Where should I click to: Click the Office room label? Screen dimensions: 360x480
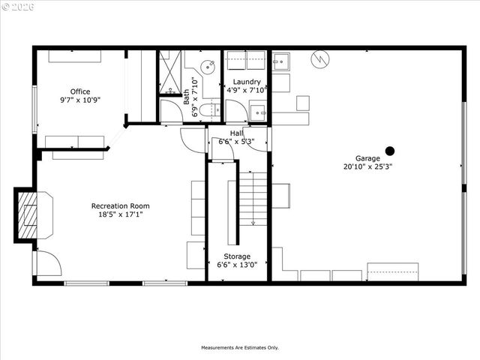(80, 91)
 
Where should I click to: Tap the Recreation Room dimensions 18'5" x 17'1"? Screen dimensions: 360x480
(120, 214)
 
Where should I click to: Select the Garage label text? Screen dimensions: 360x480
(367, 158)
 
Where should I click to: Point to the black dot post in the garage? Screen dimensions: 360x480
(389, 150)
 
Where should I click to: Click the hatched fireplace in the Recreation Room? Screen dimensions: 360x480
(28, 213)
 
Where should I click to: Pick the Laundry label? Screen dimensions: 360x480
(247, 82)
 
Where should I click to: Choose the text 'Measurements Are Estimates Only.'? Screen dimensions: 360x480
(239, 348)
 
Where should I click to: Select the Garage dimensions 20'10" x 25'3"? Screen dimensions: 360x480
(367, 166)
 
